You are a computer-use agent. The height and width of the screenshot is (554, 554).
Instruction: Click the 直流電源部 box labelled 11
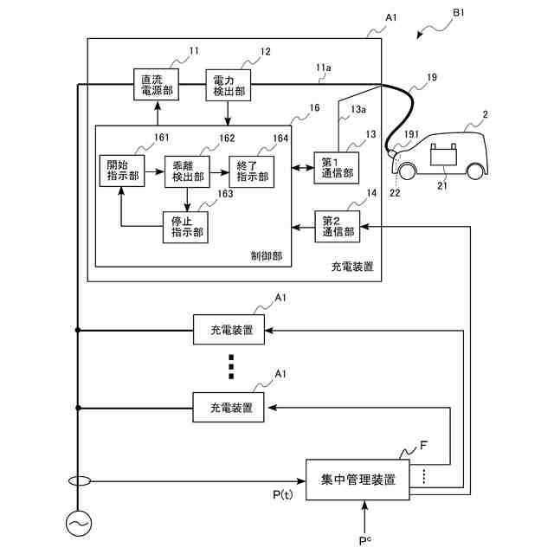[156, 85]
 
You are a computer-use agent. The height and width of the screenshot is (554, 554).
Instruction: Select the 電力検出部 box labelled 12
[229, 85]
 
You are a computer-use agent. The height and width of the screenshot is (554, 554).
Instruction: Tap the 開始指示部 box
[122, 171]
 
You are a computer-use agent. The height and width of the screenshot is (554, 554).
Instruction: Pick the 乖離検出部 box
[187, 171]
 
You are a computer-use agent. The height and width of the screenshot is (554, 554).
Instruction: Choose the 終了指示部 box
[252, 171]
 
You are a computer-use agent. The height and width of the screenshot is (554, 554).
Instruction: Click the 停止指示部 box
[185, 227]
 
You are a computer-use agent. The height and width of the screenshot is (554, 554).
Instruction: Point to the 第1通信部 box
[337, 168]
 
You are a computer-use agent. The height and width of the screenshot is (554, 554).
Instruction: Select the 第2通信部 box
[338, 227]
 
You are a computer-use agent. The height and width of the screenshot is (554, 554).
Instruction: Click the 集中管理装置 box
[358, 480]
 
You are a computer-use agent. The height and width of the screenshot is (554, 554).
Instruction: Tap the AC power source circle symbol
[79, 524]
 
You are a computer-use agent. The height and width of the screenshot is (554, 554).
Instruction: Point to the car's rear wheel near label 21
[475, 171]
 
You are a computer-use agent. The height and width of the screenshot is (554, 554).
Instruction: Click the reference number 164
[280, 138]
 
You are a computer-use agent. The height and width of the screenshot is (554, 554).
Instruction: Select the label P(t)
[283, 494]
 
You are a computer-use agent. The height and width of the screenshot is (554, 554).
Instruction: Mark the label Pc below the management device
[365, 540]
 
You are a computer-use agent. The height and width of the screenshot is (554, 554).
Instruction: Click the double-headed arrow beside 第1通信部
[303, 168]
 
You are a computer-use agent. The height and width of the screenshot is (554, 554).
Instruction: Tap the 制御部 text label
[267, 256]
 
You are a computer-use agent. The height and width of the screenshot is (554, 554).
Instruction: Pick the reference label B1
[459, 13]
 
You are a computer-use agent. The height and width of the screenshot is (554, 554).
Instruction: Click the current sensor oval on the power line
[80, 481]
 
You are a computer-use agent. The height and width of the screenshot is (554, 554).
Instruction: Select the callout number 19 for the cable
[432, 77]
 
